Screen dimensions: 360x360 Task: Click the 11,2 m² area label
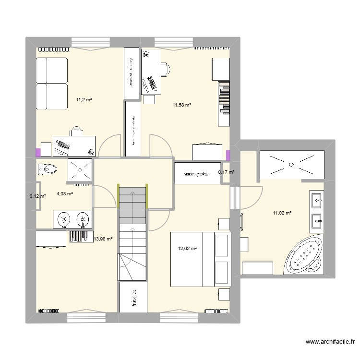pyautogui.click(x=84, y=100)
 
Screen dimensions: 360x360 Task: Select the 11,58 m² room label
pyautogui.click(x=182, y=105)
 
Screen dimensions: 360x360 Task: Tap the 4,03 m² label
pyautogui.click(x=65, y=194)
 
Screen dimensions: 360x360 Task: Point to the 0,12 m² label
pyautogui.click(x=37, y=196)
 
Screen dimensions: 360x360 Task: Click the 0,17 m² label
pyautogui.click(x=226, y=172)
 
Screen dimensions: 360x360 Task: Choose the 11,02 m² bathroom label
pyautogui.click(x=283, y=213)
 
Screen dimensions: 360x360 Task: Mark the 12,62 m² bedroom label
pyautogui.click(x=187, y=249)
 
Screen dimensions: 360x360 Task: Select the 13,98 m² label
pyautogui.click(x=103, y=239)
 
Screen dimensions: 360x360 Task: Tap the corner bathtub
pyautogui.click(x=303, y=256)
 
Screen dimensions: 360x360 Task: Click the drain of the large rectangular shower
pyautogui.click(x=290, y=164)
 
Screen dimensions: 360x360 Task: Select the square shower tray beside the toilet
pyautogui.click(x=79, y=170)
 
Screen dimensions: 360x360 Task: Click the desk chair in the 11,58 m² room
pyautogui.click(x=166, y=69)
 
